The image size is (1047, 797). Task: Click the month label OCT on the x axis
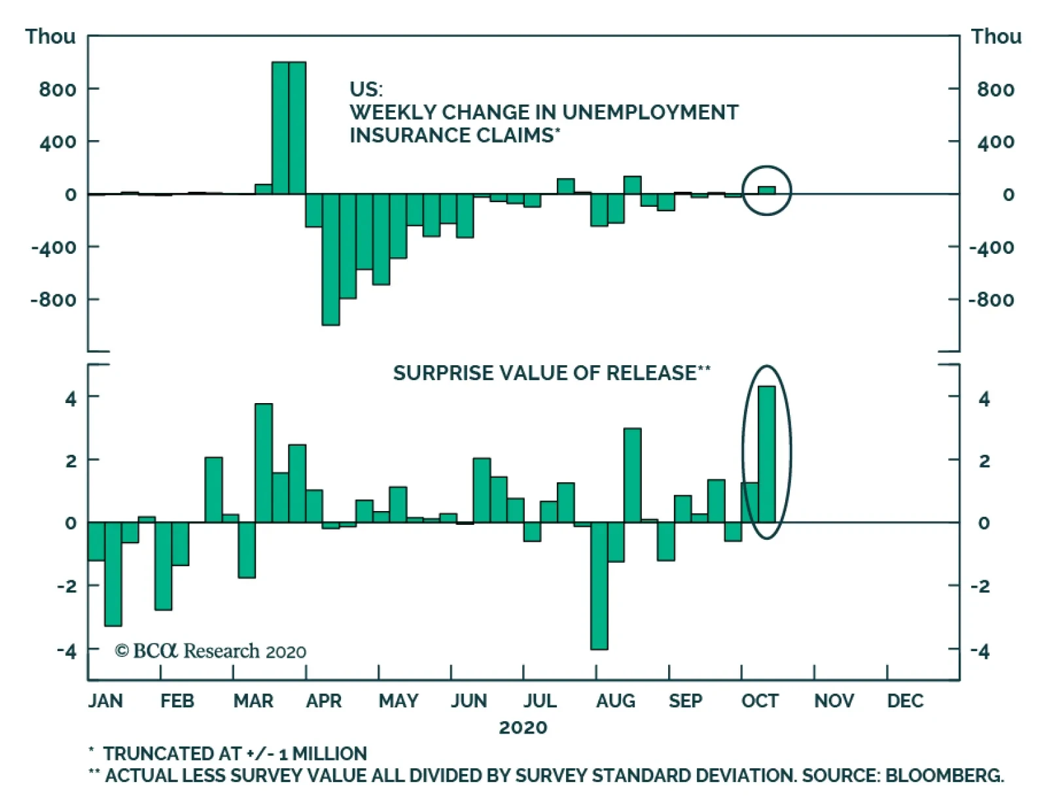tap(759, 701)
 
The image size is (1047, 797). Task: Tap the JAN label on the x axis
tap(105, 701)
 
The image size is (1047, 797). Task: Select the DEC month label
tap(905, 701)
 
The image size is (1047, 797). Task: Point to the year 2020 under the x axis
tap(523, 728)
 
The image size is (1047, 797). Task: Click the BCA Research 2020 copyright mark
tap(210, 650)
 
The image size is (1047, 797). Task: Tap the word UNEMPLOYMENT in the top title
tap(650, 113)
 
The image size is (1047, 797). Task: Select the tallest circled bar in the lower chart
tap(766, 454)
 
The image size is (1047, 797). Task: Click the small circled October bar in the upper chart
tap(766, 190)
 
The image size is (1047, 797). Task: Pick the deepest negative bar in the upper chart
tap(330, 260)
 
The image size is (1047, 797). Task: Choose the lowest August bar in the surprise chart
tap(599, 586)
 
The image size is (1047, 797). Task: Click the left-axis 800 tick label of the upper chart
tap(57, 89)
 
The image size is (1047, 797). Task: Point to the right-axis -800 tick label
tap(991, 300)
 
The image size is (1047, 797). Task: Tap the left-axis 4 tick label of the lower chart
tap(71, 398)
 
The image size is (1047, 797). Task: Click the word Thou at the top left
tap(50, 37)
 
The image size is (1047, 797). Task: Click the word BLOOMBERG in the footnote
tap(944, 775)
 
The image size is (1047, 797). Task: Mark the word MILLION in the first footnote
tap(330, 754)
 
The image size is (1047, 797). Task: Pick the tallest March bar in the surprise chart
tap(264, 463)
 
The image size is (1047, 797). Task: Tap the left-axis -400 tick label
tap(54, 247)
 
